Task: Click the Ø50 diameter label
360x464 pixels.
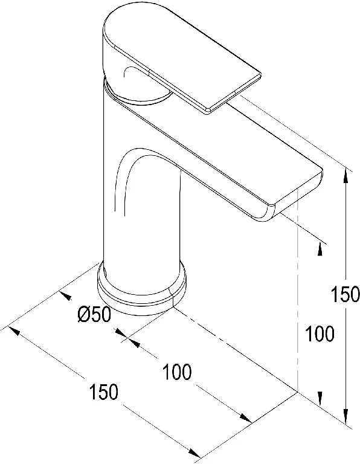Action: coord(94,314)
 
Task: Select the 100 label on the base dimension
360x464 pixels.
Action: coord(177,372)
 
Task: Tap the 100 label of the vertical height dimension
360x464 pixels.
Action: coord(320,333)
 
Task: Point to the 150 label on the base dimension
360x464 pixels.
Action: coord(103,391)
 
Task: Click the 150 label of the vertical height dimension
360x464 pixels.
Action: coord(345,294)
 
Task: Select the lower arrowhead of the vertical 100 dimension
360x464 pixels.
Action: coord(320,398)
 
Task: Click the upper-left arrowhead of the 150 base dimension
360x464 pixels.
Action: coord(14,330)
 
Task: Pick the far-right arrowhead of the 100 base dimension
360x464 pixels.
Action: coord(245,418)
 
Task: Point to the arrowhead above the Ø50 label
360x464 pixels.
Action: coord(66,295)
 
